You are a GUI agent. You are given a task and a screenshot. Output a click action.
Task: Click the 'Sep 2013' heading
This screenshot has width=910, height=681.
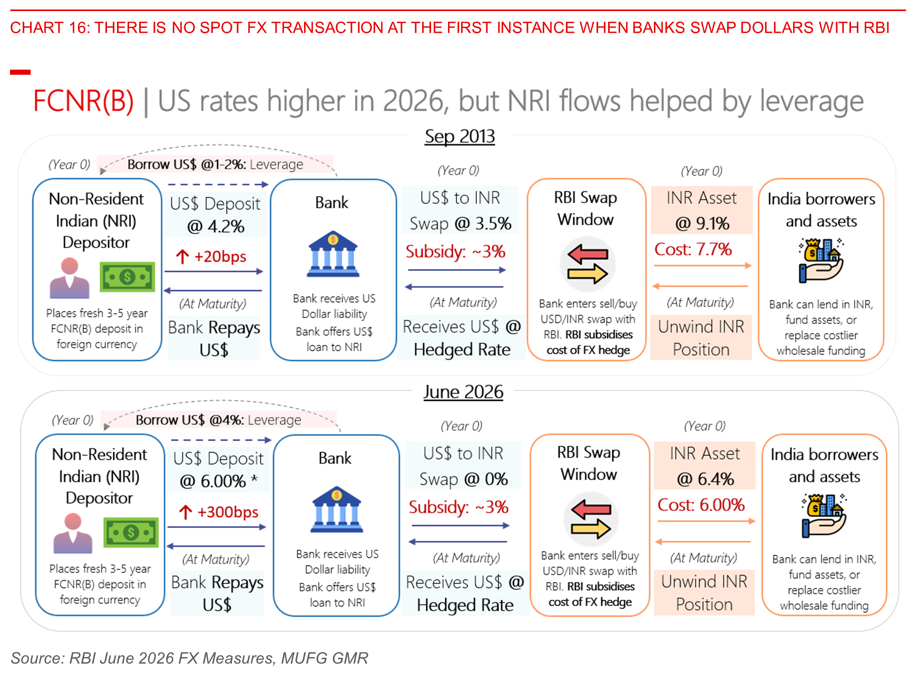tap(459, 137)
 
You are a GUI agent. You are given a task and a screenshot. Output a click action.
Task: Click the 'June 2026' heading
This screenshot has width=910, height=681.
tap(463, 392)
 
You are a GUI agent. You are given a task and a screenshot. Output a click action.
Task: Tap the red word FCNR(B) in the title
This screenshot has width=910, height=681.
tap(83, 101)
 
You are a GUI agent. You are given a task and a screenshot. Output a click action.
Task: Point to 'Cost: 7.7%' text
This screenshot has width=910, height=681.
tap(693, 249)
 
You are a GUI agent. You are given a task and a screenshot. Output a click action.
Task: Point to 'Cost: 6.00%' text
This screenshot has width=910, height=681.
tap(701, 505)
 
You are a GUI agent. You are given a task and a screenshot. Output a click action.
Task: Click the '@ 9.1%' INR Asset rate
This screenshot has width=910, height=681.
tap(702, 223)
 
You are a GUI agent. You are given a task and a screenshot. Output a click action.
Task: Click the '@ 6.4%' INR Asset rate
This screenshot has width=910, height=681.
tap(705, 479)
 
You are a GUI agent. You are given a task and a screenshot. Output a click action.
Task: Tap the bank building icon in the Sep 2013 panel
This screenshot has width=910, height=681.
tap(333, 254)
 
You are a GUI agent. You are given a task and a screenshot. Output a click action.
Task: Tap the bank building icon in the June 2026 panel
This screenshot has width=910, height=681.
tap(337, 509)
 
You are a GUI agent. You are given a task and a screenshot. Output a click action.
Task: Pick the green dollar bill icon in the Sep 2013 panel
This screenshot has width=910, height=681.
tap(128, 277)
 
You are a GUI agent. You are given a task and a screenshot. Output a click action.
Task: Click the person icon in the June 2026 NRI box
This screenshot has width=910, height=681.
tap(73, 533)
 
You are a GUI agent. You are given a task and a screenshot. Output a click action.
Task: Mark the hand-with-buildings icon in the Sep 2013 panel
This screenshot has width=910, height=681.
tap(821, 261)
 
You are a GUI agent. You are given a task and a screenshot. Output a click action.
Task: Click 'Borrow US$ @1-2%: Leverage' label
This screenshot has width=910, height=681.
tap(215, 165)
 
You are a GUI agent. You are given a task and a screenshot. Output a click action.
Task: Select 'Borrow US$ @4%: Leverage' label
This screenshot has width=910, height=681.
tap(218, 420)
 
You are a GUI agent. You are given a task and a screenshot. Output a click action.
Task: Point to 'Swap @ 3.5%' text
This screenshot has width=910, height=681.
tap(461, 224)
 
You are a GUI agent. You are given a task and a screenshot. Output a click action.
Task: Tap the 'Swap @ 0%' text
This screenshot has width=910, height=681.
tap(464, 479)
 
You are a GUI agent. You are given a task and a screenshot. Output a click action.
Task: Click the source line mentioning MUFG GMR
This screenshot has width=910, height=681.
tap(189, 658)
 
